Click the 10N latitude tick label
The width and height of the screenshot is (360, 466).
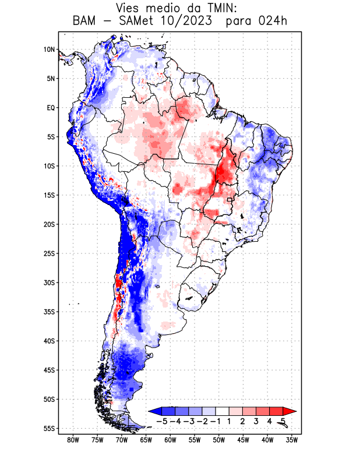(x=49, y=50)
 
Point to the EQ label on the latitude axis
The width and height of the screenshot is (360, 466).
(x=50, y=108)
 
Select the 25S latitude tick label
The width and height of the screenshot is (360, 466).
(x=48, y=253)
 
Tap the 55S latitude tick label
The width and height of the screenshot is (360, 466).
(x=48, y=428)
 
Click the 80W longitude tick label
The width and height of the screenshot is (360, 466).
(x=73, y=440)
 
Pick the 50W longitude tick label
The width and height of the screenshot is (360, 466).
(x=218, y=440)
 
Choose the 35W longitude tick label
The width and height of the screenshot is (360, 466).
(x=292, y=440)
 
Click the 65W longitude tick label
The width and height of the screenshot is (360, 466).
(x=146, y=440)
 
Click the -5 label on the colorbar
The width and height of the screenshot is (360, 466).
(x=163, y=421)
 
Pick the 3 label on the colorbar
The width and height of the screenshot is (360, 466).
(x=256, y=421)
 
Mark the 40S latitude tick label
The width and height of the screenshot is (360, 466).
(x=48, y=341)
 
